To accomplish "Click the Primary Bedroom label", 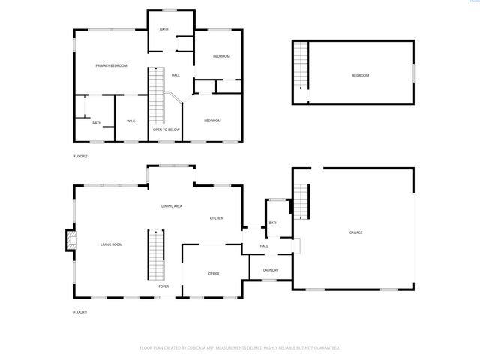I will [111, 66].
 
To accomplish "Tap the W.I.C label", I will [130, 121].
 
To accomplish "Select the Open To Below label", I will [166, 130].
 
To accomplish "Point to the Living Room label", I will [112, 244].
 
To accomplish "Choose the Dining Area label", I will [172, 205].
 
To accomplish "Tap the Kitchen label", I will [217, 218].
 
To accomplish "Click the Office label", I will [214, 273].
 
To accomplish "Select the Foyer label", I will [163, 286].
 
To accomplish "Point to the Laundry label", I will [271, 270].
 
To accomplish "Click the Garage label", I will [355, 232].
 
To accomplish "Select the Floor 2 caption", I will [80, 156].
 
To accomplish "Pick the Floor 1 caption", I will [80, 311].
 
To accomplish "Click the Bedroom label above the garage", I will [361, 76].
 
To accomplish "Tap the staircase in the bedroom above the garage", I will [301, 66].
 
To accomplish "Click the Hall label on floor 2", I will [176, 75].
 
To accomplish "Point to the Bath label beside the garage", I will [273, 223].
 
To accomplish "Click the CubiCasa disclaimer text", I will [240, 347].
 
